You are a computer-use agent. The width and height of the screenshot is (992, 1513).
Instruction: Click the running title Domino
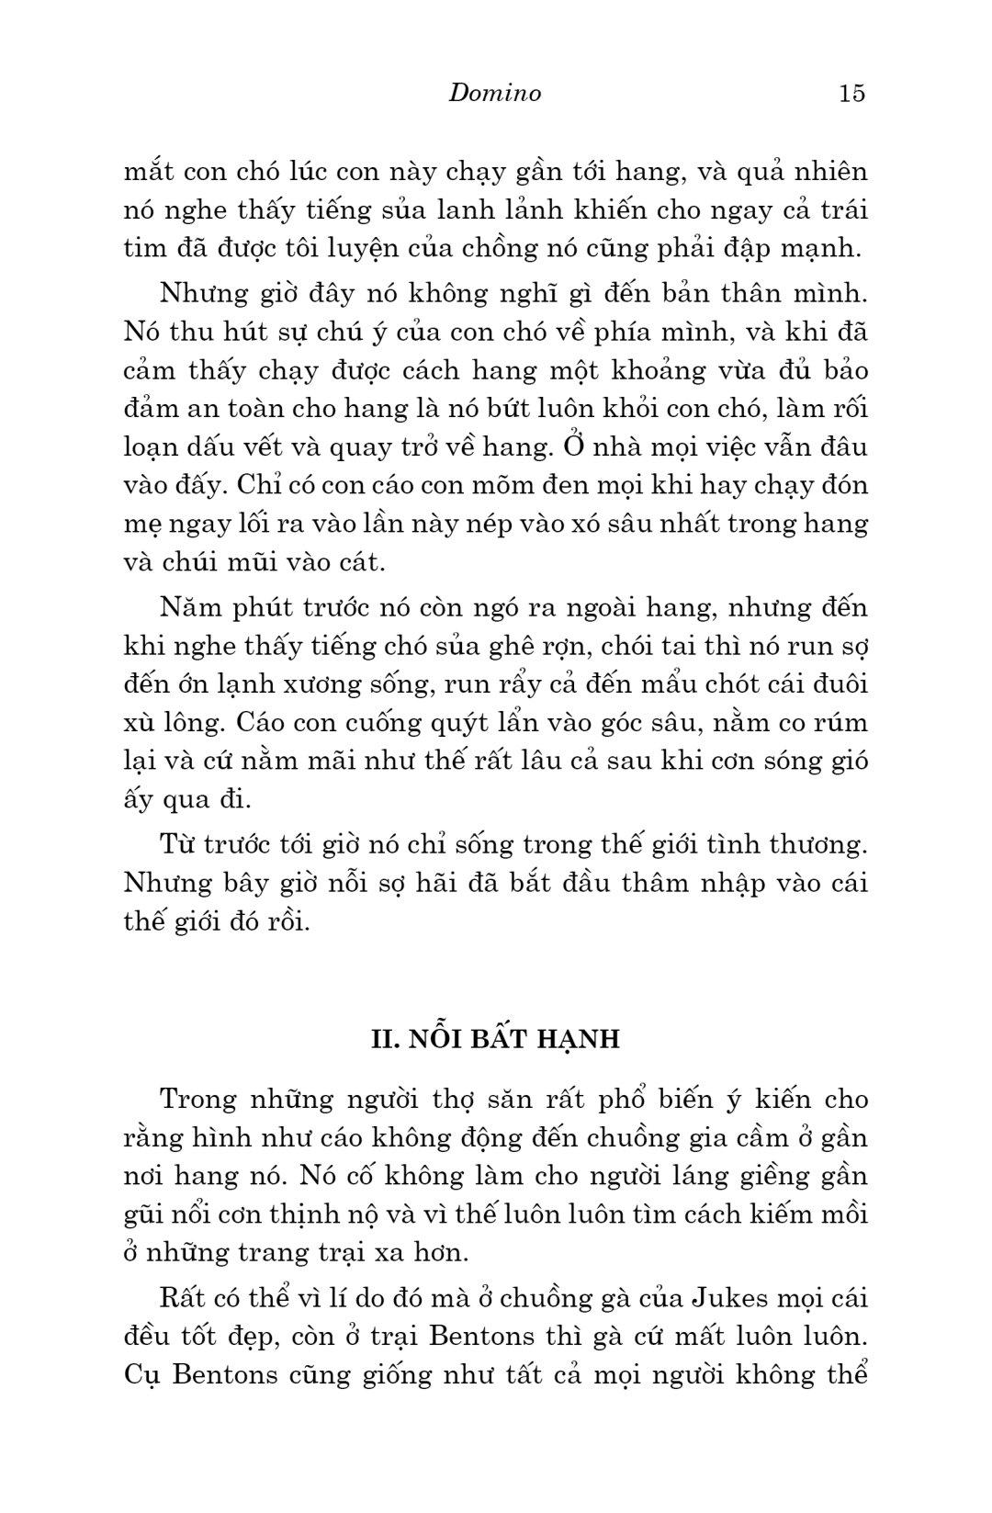(x=495, y=93)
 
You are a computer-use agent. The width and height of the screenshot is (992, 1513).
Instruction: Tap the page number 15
(x=851, y=93)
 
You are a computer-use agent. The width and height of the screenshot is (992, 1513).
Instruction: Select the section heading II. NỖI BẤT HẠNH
(x=495, y=1039)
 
